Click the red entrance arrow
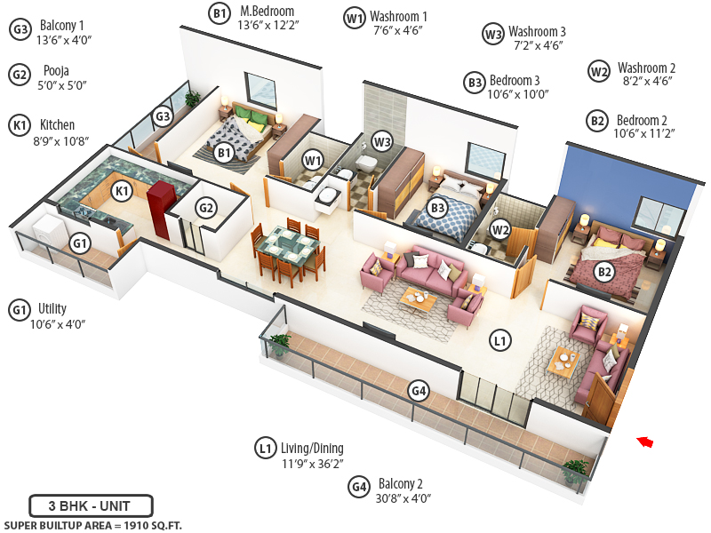(645, 441)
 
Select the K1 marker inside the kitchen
(122, 190)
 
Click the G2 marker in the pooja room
(206, 208)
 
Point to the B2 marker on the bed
(603, 272)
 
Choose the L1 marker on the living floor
(499, 339)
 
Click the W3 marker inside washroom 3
(382, 140)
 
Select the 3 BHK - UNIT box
(91, 506)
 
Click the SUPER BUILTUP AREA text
(93, 526)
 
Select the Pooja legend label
(54, 70)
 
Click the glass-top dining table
(288, 241)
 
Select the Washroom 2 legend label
(646, 68)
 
